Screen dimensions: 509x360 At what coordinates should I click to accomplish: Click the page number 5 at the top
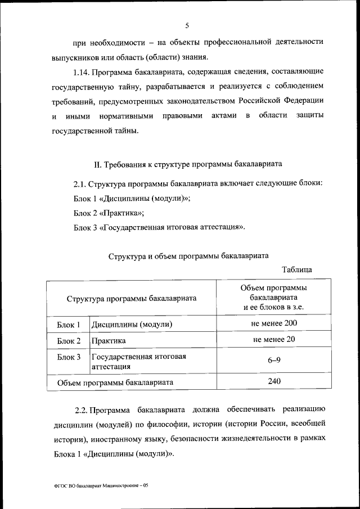click(187, 25)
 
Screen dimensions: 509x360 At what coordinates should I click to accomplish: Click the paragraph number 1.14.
click(82, 73)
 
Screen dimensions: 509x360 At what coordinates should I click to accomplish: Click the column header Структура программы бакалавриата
click(132, 298)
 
